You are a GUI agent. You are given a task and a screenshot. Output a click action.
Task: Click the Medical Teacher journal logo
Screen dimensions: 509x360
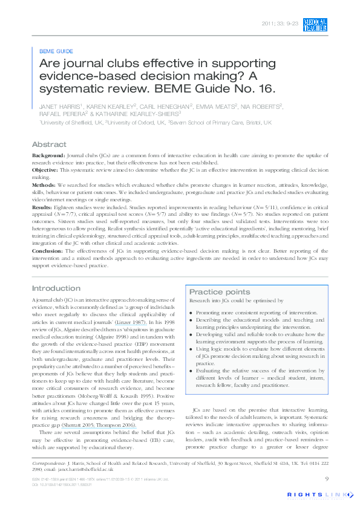315,24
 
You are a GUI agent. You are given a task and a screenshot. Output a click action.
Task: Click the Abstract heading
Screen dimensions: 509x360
49,145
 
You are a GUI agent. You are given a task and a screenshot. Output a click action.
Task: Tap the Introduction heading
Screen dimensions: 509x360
56,288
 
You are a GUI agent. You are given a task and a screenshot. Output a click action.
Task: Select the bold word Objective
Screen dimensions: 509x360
47,171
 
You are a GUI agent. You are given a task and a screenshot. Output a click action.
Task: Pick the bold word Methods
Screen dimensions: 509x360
44,185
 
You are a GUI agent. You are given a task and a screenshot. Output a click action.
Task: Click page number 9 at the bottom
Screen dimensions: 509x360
327,479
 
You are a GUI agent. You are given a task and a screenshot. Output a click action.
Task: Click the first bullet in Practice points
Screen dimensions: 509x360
191,313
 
